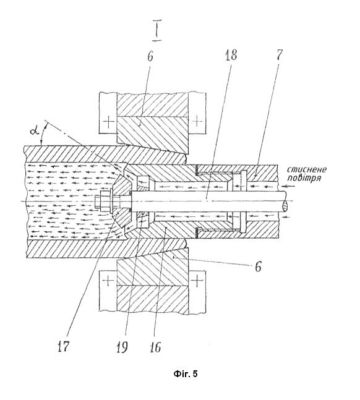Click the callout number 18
tap(231, 56)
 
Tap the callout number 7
tap(280, 55)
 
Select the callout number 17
tap(63, 346)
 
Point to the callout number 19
tap(122, 347)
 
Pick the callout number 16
tap(155, 347)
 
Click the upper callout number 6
tap(150, 56)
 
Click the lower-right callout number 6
tap(258, 267)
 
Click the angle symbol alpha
tap(35, 131)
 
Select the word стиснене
tap(307, 169)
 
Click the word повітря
tap(304, 177)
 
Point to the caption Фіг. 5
tap(186, 373)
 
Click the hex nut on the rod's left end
tap(103, 201)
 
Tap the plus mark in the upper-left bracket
tap(109, 122)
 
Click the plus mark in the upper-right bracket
tap(197, 121)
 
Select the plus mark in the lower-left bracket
tap(108, 281)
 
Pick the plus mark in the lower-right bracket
tap(197, 281)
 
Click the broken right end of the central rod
tap(285, 202)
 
